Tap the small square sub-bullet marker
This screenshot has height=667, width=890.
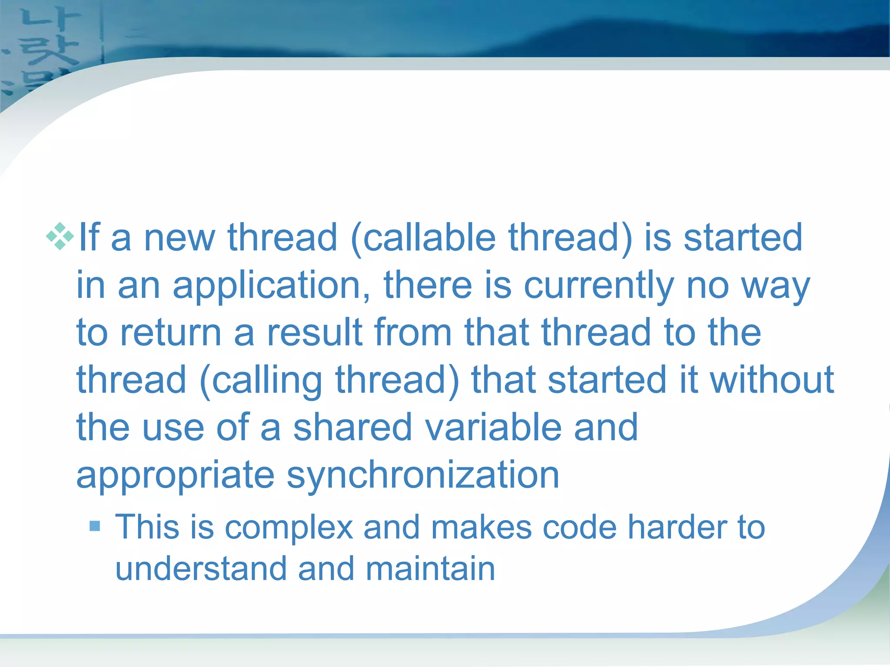coord(95,526)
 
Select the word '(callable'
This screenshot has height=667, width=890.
coord(423,238)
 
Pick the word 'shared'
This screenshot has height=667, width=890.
coord(352,427)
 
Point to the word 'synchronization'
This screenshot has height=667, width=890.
coord(423,475)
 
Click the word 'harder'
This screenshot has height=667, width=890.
coord(677,527)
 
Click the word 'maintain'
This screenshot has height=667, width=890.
coord(430,569)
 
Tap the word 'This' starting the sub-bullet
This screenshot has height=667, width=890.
coord(147,527)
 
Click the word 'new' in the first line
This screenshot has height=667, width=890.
coord(179,238)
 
